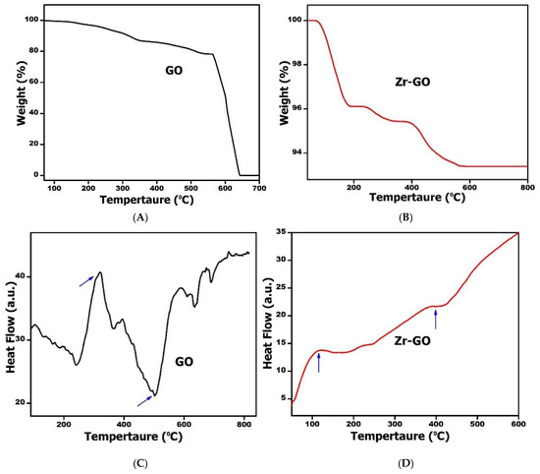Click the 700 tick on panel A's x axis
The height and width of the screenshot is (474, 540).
tap(257, 187)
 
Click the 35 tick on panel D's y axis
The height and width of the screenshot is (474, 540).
tap(280, 232)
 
